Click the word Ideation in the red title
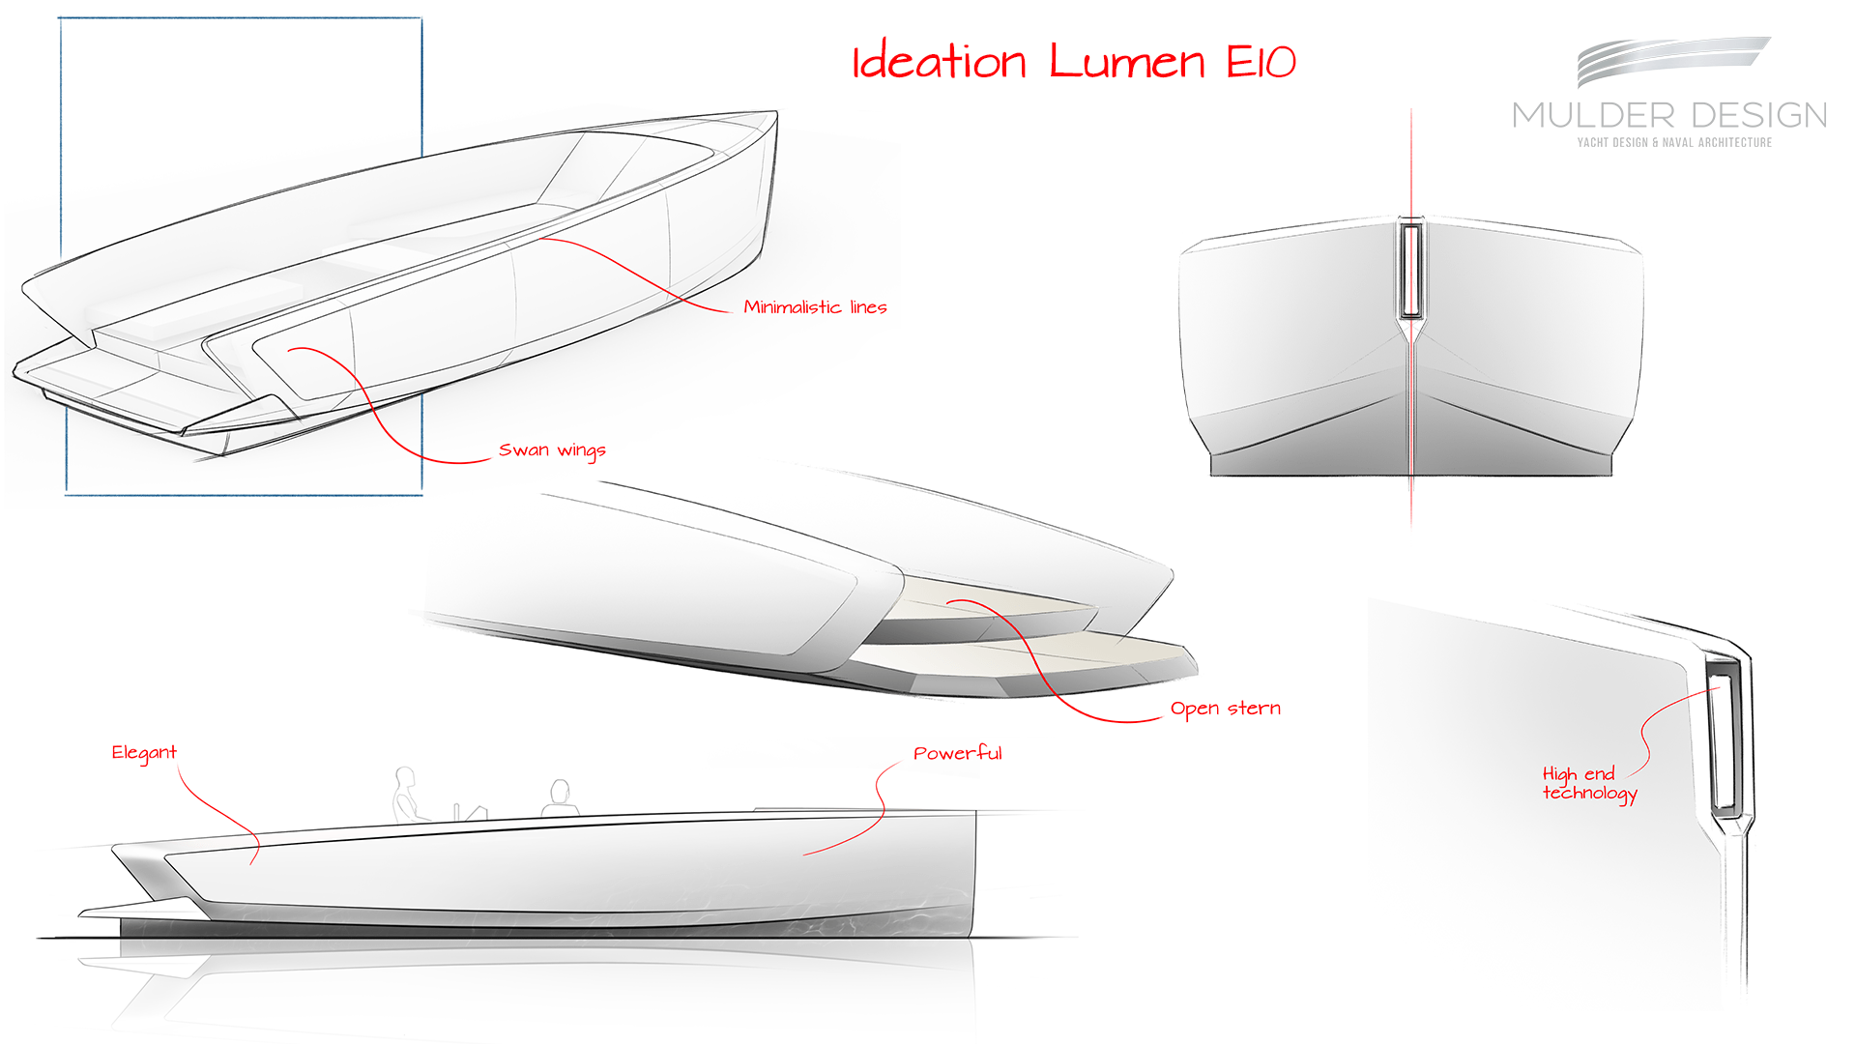point(938,62)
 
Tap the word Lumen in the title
point(1127,62)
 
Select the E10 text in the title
point(1261,62)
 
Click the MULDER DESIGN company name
point(1669,116)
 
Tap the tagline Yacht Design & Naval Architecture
point(1674,143)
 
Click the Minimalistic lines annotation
point(815,307)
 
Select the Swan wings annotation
point(552,450)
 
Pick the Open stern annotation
point(1225,709)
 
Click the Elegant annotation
point(144,753)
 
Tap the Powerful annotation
point(957,753)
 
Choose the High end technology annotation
point(1588,784)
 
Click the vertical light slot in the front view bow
point(1411,271)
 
